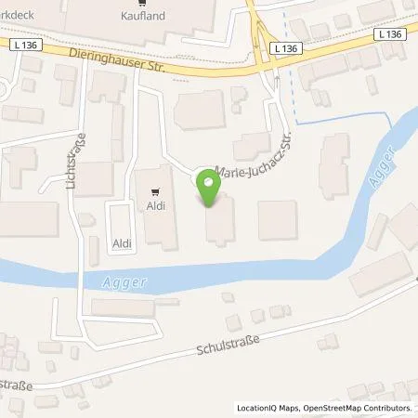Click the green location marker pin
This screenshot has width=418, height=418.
(210, 189)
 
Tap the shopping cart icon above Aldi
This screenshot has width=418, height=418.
(155, 193)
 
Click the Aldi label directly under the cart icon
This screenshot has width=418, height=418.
(155, 206)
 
